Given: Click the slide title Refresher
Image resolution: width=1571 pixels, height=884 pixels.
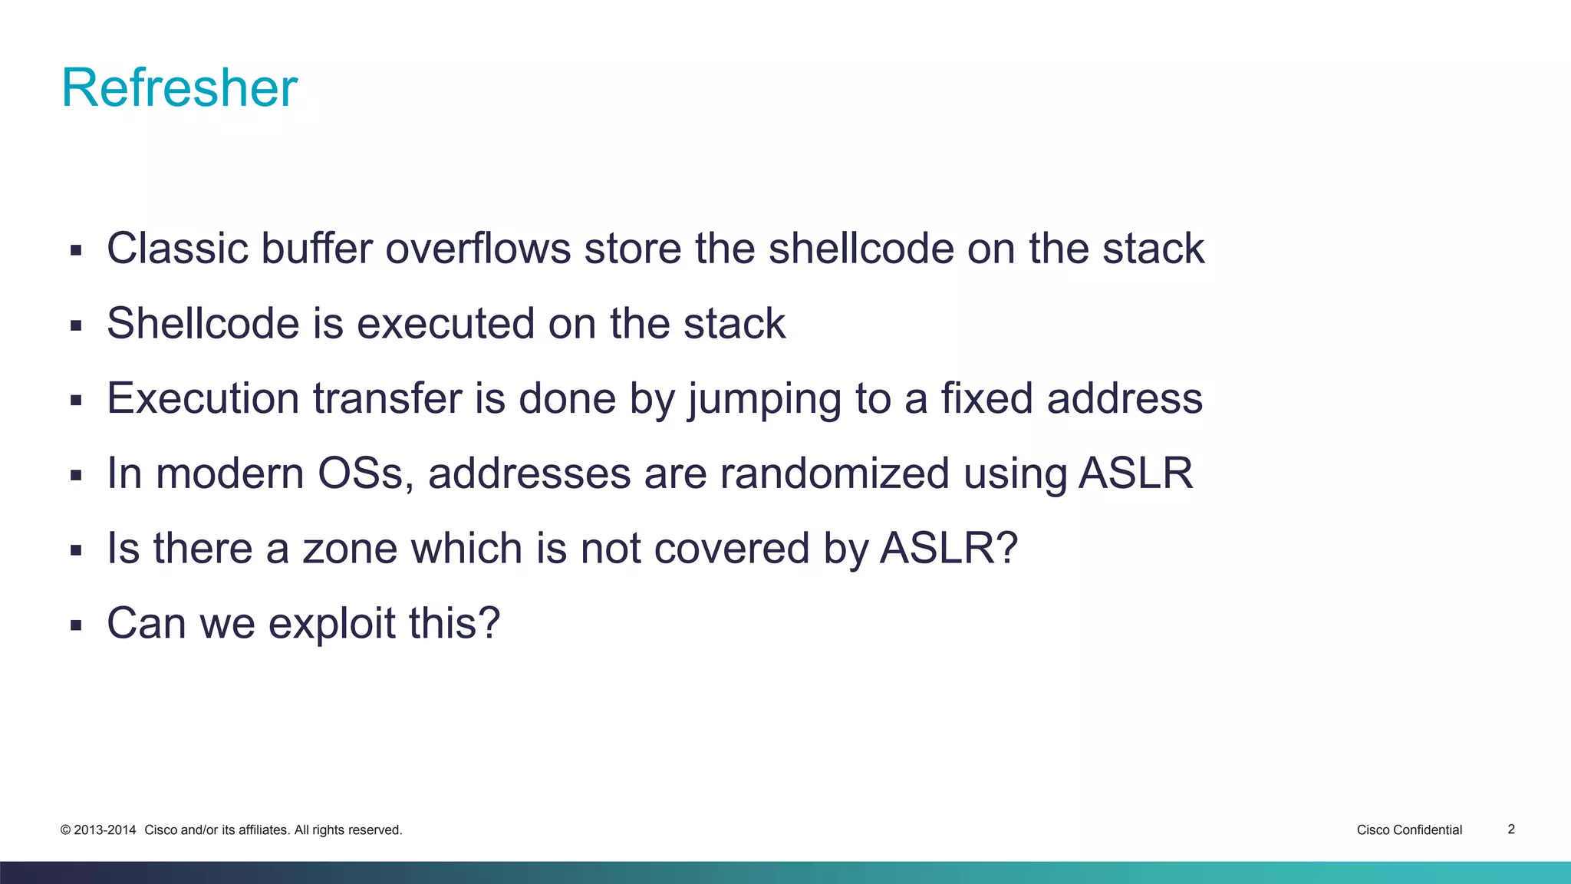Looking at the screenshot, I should click(179, 87).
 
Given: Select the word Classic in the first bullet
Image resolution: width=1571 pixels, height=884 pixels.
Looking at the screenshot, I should click(178, 249).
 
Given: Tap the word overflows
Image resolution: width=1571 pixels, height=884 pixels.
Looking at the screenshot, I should click(478, 249).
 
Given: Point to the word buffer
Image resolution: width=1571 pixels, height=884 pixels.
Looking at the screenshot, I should click(316, 249).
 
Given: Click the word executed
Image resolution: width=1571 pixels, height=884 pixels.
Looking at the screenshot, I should click(446, 323).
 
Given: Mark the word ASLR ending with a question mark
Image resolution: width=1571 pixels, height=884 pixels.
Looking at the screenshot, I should click(948, 548).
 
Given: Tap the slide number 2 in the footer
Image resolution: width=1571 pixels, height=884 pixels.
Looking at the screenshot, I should click(1511, 829).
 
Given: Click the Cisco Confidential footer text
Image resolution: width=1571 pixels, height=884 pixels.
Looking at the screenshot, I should click(1409, 830).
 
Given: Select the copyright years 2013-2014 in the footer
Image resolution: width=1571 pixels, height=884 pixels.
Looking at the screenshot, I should click(105, 830).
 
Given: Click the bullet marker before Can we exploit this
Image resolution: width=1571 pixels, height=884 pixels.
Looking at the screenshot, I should click(75, 625).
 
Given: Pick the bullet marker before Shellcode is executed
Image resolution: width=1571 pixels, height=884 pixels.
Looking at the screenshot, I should click(75, 325).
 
